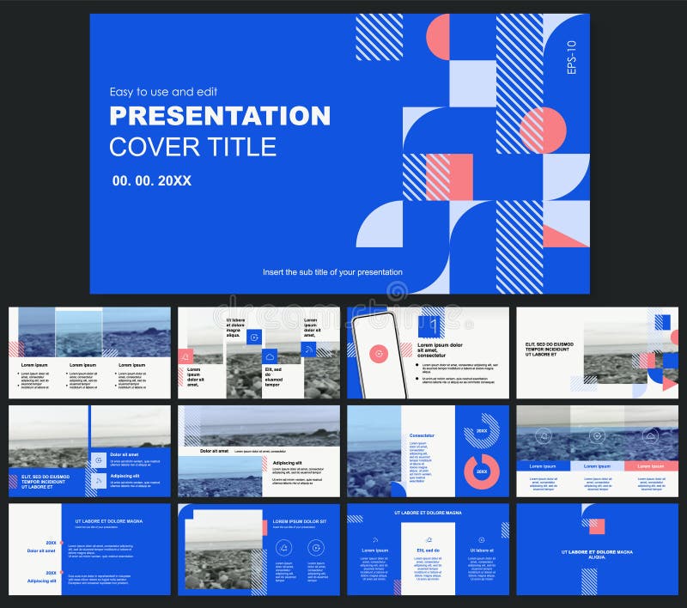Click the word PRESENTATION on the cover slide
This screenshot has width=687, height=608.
(219, 115)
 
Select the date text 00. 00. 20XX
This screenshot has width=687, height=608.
(151, 181)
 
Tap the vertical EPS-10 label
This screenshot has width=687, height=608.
(573, 58)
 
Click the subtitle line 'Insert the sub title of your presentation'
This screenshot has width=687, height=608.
(332, 272)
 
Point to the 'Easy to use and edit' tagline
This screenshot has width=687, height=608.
(163, 92)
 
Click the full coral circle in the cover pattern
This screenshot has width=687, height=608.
(543, 131)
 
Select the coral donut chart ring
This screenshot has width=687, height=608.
(482, 471)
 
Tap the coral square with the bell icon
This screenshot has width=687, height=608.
(185, 356)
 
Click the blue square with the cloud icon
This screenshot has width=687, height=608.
(269, 356)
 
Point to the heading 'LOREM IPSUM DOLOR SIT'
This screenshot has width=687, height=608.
(300, 521)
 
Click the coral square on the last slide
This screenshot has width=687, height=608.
(597, 526)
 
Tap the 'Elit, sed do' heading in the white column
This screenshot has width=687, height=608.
(428, 550)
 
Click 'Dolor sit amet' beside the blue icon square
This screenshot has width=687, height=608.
(125, 453)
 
